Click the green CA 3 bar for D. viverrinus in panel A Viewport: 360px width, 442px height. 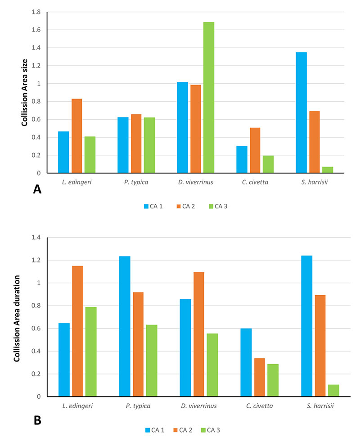coord(208,97)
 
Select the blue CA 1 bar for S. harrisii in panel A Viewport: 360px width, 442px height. coord(301,113)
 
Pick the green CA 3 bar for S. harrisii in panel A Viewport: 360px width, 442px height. coord(328,170)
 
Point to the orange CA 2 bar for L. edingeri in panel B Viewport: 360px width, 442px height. coord(77,331)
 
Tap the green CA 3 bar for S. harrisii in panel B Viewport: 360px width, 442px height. coord(333,390)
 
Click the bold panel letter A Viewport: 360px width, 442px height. coord(37,190)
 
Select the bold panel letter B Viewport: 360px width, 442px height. coord(37,421)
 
